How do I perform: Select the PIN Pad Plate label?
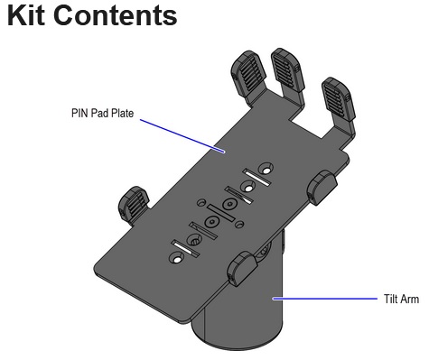pyautogui.click(x=100, y=114)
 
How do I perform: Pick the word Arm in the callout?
pyautogui.click(x=410, y=298)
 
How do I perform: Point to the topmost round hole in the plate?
pyautogui.click(x=265, y=168)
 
